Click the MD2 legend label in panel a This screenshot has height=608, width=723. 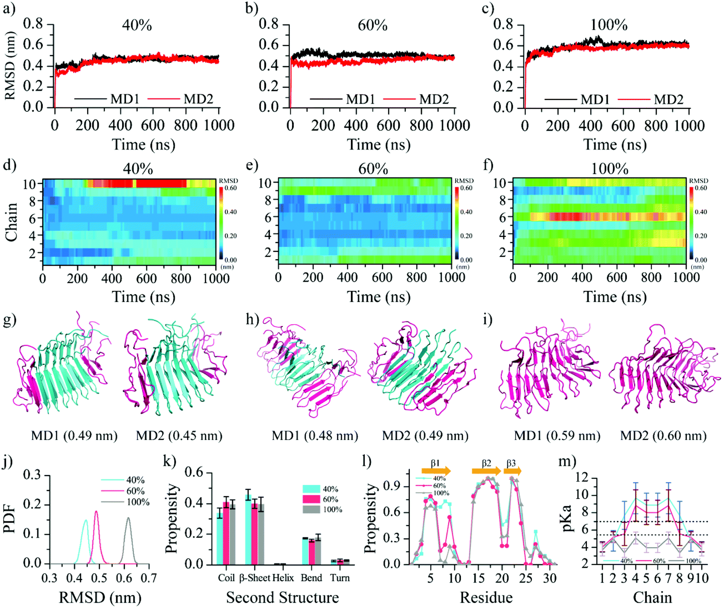pyautogui.click(x=198, y=99)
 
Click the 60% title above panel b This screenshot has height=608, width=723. pyautogui.click(x=373, y=26)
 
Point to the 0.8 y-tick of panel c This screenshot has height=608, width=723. pyautogui.click(x=503, y=24)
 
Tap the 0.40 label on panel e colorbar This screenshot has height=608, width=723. pyautogui.click(x=466, y=212)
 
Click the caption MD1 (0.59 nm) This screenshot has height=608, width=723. pyautogui.click(x=557, y=436)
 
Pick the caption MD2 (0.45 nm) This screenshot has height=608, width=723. pyautogui.click(x=179, y=436)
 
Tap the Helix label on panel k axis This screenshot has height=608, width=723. pyautogui.click(x=283, y=578)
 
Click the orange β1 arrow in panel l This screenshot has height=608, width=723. pyautogui.click(x=436, y=471)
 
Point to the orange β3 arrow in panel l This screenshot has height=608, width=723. pyautogui.click(x=512, y=471)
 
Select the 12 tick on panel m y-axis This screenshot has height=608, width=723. pyautogui.click(x=582, y=478)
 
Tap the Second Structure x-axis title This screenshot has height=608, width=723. pyautogui.click(x=282, y=598)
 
